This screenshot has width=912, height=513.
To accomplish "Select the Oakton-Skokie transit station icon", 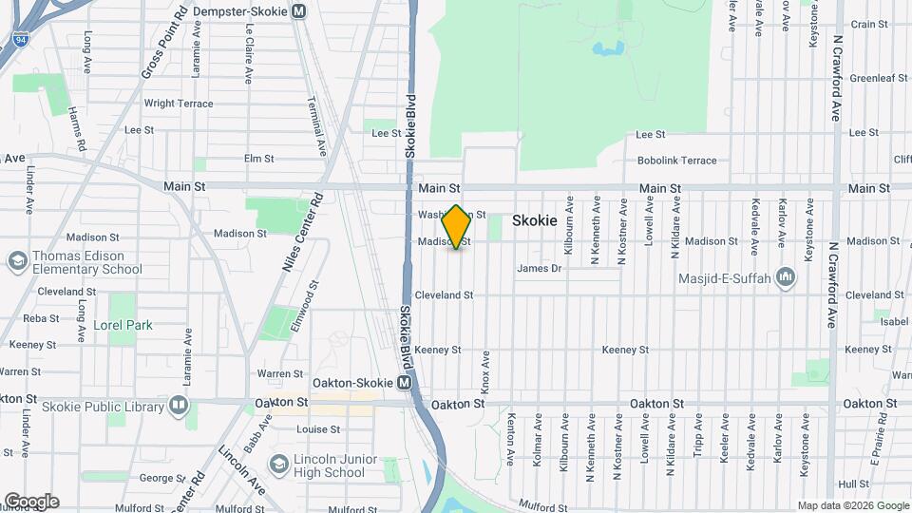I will pos(405,382).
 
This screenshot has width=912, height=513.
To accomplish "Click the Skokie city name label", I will pos(534,219).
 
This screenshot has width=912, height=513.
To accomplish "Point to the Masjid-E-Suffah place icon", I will pos(786,277).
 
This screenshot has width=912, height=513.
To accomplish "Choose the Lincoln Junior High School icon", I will pos(278,465).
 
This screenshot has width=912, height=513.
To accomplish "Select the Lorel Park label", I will pos(123,325).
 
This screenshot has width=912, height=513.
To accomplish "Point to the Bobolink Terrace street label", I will pos(676,161).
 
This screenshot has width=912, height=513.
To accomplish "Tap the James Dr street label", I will pos(540,269).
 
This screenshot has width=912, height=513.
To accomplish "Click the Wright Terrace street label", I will pos(179,104).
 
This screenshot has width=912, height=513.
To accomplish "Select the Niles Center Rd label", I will pos(303,233).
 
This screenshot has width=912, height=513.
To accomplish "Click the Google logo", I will pos(30,502).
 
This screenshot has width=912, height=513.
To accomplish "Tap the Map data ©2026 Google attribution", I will pos(852,505).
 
